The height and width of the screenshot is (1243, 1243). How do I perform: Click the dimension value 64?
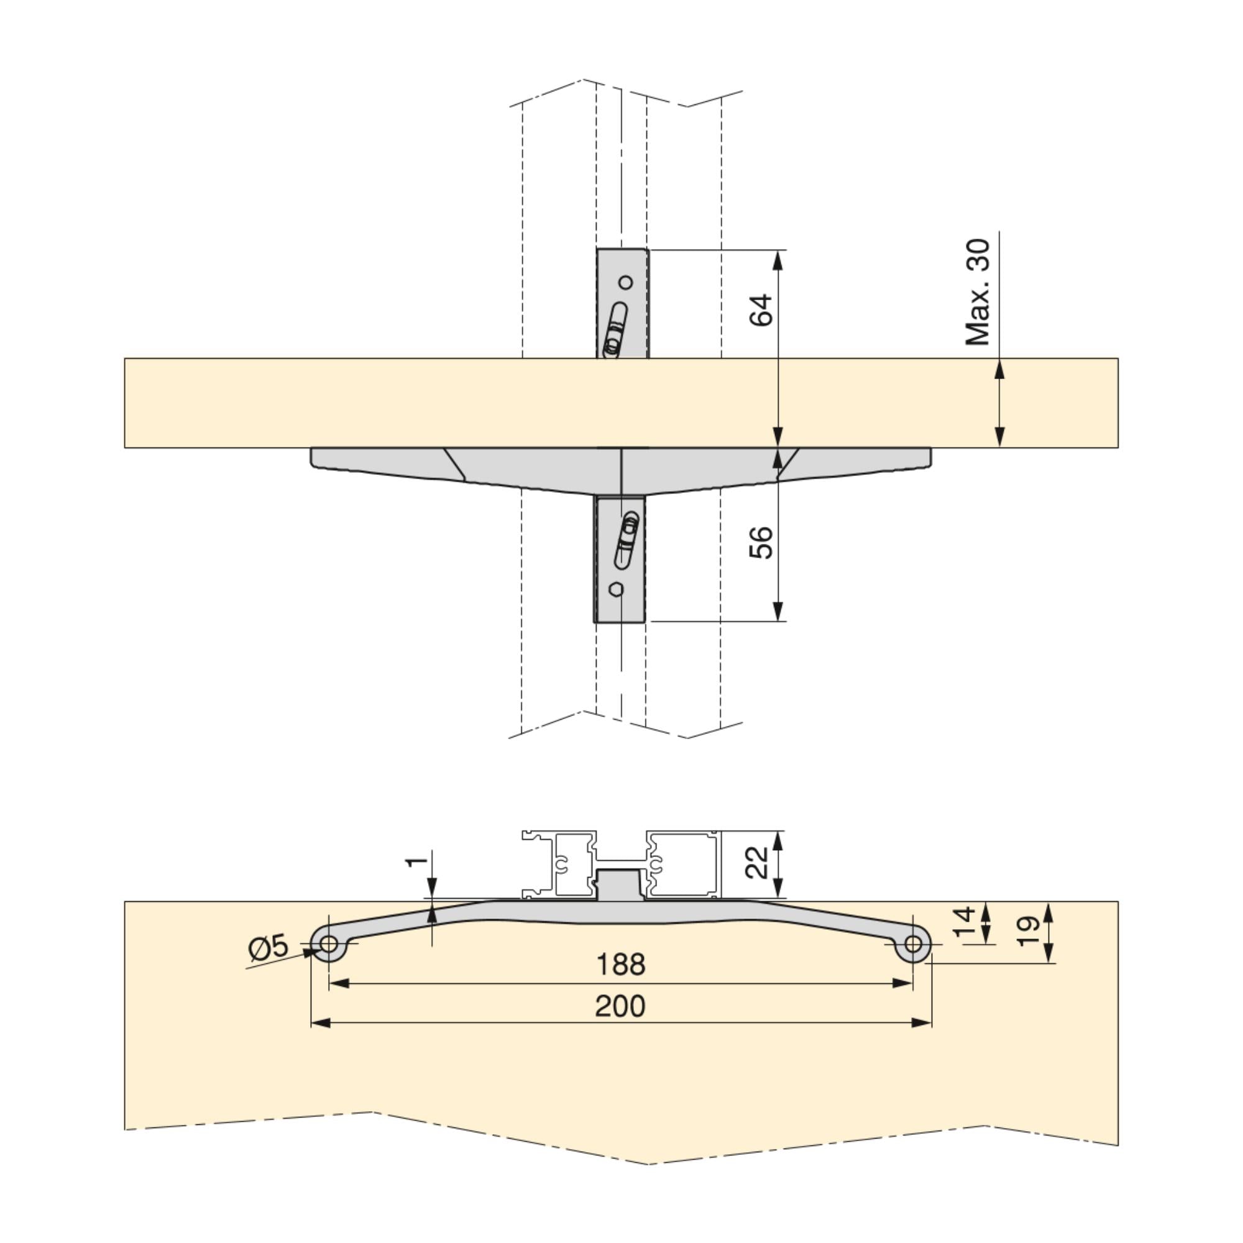(x=761, y=310)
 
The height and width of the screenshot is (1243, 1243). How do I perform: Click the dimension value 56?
(x=761, y=543)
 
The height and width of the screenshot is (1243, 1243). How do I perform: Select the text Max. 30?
(x=977, y=293)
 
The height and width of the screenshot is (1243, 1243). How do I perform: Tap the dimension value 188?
(x=620, y=965)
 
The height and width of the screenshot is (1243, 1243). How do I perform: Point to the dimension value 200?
(x=620, y=1006)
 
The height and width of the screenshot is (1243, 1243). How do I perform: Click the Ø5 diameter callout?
(x=268, y=948)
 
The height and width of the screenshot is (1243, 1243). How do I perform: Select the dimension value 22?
(x=756, y=863)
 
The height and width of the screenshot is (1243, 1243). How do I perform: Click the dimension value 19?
(x=1027, y=931)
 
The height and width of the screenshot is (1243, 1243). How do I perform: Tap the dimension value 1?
(x=417, y=860)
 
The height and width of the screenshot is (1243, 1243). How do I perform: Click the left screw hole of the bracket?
(x=329, y=944)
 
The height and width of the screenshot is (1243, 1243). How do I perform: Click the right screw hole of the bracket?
(x=912, y=944)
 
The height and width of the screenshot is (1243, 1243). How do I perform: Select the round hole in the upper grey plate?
(x=625, y=282)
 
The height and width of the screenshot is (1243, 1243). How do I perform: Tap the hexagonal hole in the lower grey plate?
(x=616, y=589)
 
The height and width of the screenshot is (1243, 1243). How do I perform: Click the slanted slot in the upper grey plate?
(x=615, y=328)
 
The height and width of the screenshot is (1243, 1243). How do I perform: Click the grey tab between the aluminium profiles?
(x=620, y=883)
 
